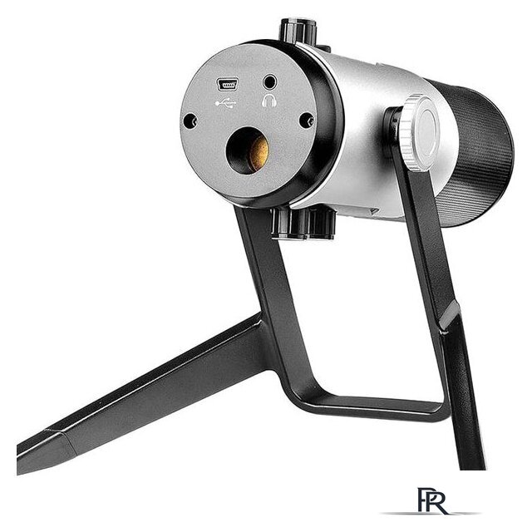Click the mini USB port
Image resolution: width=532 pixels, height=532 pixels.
pyautogui.click(x=227, y=85)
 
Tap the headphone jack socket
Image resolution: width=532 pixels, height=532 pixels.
pyautogui.click(x=270, y=82)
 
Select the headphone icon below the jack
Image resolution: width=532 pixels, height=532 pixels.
pyautogui.click(x=269, y=101)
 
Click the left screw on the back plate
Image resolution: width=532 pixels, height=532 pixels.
pyautogui.click(x=190, y=121)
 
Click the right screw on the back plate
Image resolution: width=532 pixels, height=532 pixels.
pyautogui.click(x=307, y=120)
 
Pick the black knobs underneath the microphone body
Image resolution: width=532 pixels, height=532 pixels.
pyautogui.click(x=303, y=224)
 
